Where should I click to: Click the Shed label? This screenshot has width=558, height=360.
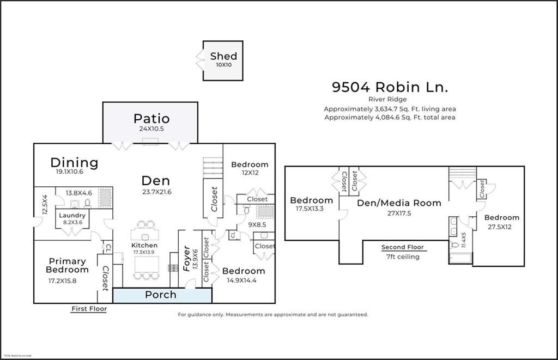[x=223, y=56]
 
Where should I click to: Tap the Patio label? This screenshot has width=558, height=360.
[x=151, y=118]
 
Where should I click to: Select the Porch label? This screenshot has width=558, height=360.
[x=161, y=295]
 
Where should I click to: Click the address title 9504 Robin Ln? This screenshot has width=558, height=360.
[x=390, y=87]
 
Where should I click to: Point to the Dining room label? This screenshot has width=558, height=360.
[x=74, y=162]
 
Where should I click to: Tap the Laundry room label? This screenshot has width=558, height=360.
[x=72, y=215]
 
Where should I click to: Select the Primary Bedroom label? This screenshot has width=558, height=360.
[x=67, y=266]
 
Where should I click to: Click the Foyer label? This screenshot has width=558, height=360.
[x=187, y=259]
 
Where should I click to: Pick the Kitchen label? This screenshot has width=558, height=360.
[x=144, y=246]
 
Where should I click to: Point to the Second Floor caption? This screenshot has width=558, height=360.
[x=402, y=247]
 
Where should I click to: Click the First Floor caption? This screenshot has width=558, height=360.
[x=89, y=309]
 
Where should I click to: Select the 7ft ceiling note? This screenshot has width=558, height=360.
[x=402, y=257]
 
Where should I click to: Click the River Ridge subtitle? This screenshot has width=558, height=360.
[x=390, y=99]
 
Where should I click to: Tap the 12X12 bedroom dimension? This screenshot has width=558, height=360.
[x=250, y=173]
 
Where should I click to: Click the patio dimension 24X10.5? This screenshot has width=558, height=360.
[x=151, y=130]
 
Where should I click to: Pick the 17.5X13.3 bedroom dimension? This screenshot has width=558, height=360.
[x=311, y=209]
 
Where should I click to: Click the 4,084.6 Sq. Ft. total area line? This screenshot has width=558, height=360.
[x=390, y=117]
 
